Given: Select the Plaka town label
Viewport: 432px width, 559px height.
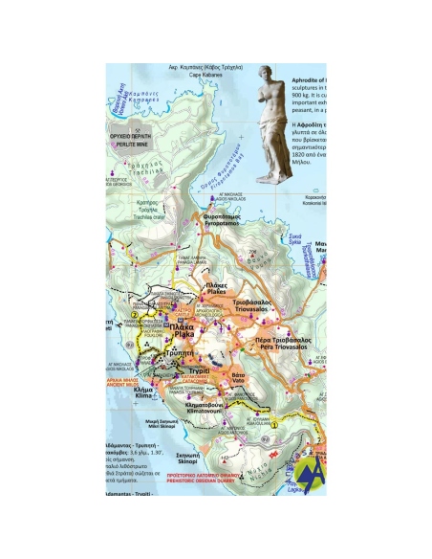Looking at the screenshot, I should tap(181, 330).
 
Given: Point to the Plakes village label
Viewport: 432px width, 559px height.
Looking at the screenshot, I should tap(216, 287).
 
